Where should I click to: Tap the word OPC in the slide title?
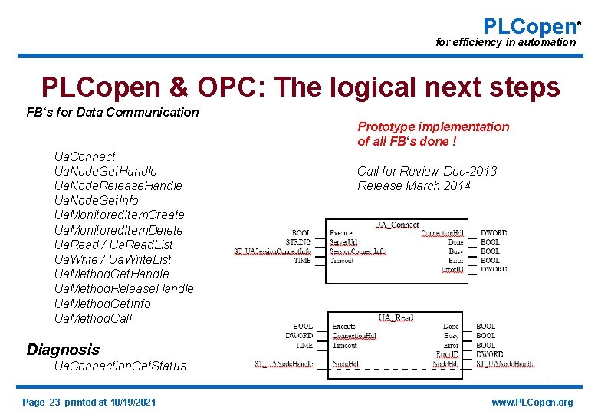pyautogui.click(x=250, y=87)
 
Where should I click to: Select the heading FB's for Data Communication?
pyautogui.click(x=113, y=112)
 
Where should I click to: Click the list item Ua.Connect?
pyautogui.click(x=84, y=156)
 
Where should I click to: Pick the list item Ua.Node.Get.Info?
pyautogui.click(x=97, y=200)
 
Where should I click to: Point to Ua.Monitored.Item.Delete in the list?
pyautogui.click(x=119, y=230)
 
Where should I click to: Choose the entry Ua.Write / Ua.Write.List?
pyautogui.click(x=113, y=259)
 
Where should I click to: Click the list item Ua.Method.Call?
pyautogui.click(x=93, y=318)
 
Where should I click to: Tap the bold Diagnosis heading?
pyautogui.click(x=63, y=350)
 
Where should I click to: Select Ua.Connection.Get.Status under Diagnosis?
pyautogui.click(x=120, y=366)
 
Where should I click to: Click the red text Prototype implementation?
pyautogui.click(x=433, y=127)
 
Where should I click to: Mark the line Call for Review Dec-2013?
pyautogui.click(x=427, y=171)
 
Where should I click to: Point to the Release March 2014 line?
pyautogui.click(x=414, y=186)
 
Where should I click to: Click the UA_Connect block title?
pyautogui.click(x=397, y=225)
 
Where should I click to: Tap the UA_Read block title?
pyautogui.click(x=396, y=317)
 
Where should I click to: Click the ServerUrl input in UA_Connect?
pyautogui.click(x=343, y=242)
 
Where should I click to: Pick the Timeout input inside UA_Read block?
pyautogui.click(x=345, y=345)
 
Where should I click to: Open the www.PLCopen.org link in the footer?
pyautogui.click(x=532, y=402)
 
